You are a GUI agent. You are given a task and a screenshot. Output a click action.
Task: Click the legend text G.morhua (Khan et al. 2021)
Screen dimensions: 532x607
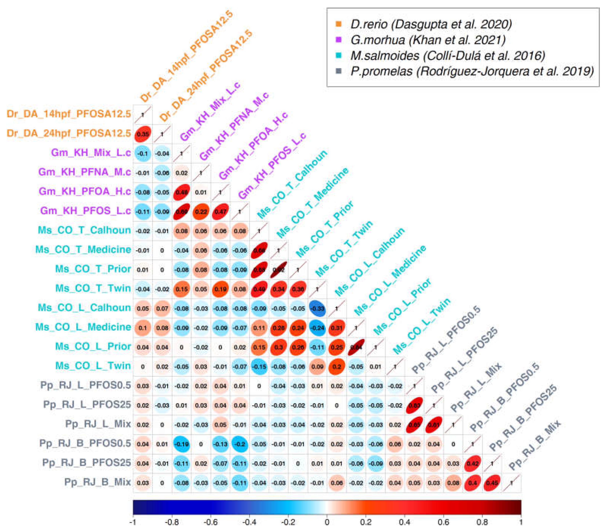[428, 40]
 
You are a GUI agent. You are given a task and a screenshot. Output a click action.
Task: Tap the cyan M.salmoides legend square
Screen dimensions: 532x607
[338, 55]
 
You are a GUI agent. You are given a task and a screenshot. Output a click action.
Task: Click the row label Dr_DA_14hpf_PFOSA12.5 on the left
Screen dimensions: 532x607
[69, 114]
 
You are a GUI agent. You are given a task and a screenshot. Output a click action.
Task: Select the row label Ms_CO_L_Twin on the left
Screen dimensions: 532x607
[93, 366]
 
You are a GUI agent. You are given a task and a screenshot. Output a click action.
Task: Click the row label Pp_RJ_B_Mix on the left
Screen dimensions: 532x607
[98, 482]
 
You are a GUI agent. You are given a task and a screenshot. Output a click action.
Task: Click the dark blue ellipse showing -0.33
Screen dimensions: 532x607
[318, 308]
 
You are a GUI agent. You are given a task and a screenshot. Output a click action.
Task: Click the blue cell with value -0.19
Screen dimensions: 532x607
[181, 444]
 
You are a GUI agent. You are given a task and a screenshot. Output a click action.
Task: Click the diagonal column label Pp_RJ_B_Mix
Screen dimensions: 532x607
[535, 445]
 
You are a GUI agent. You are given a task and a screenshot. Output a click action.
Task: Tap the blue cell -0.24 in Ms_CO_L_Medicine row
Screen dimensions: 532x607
[318, 328]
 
